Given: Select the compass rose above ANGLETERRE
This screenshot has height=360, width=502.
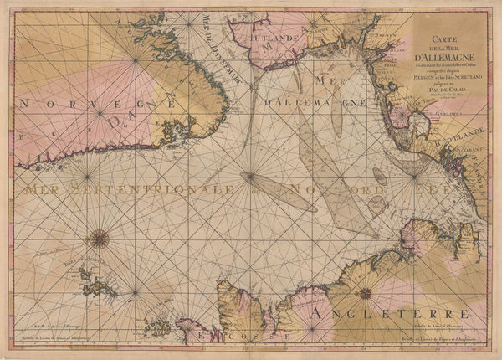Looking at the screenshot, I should point(366,293).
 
